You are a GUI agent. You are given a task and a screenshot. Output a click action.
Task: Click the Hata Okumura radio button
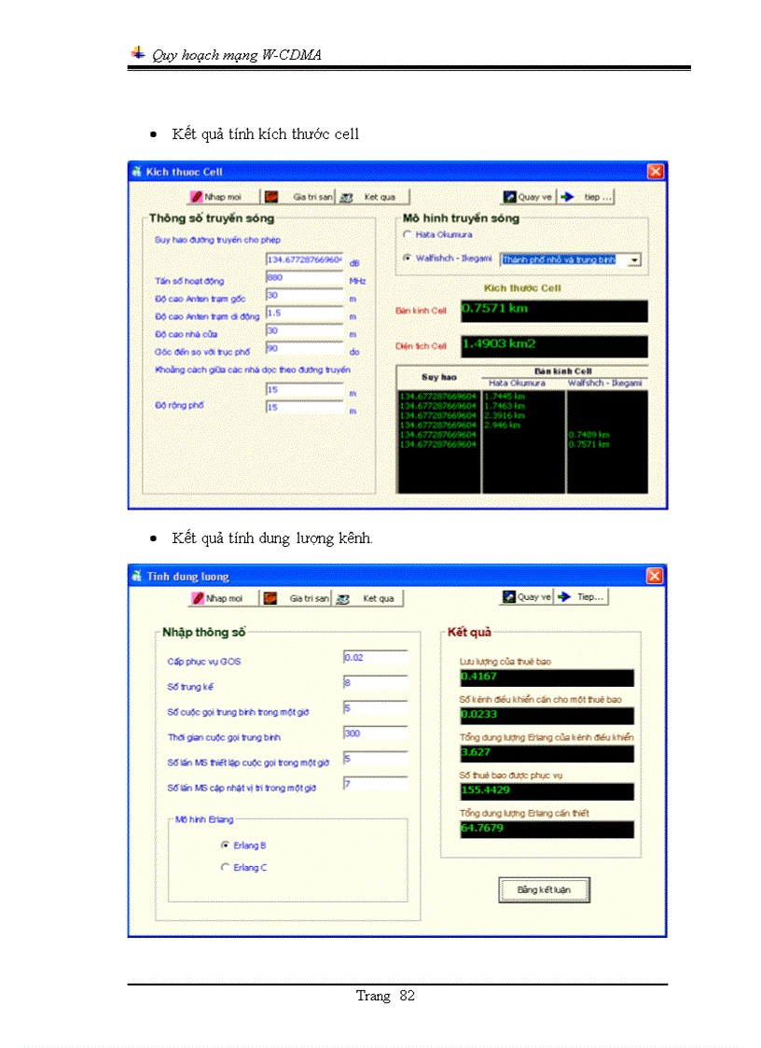[407, 234]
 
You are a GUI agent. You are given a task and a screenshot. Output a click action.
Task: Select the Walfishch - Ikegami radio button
[407, 258]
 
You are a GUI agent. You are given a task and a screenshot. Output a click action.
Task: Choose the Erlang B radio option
[225, 845]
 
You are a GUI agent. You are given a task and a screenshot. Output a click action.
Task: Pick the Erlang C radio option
[225, 867]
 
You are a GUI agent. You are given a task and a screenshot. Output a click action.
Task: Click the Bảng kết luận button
[544, 889]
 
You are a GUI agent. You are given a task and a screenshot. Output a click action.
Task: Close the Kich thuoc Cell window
[655, 172]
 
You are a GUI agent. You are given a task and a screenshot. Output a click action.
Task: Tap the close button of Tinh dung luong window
[655, 576]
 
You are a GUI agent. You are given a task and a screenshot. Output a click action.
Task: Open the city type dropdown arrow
[634, 259]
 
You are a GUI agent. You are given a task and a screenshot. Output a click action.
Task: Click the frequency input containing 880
[305, 277]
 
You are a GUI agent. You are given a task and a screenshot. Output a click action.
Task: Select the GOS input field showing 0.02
[375, 658]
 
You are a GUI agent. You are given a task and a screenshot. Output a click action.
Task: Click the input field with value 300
[375, 734]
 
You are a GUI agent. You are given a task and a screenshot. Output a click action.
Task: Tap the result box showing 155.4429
[546, 791]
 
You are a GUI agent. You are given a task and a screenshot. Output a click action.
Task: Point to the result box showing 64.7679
[546, 829]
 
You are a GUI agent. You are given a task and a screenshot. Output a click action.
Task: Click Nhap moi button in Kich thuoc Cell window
[216, 197]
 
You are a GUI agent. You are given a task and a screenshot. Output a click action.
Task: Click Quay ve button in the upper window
[527, 197]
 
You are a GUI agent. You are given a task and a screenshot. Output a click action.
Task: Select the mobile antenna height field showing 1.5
[305, 314]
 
